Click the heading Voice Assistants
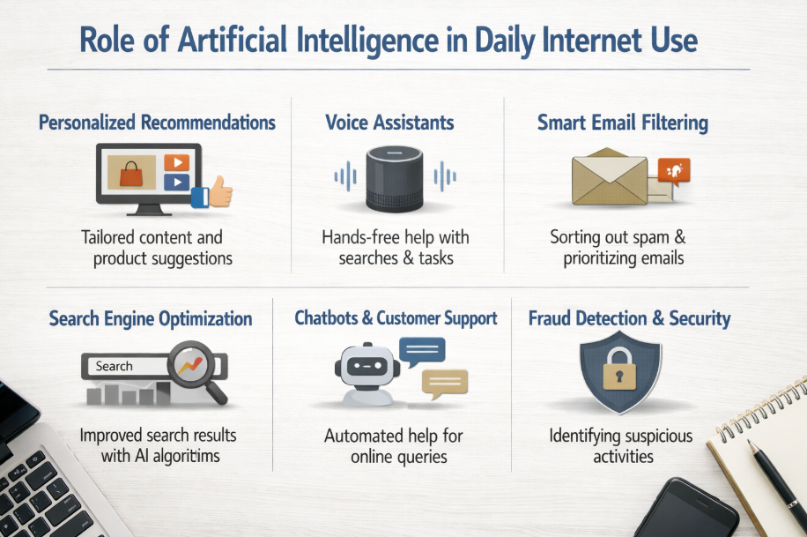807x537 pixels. tap(389, 123)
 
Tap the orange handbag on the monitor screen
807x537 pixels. tap(131, 174)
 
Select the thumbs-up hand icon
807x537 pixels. tap(212, 192)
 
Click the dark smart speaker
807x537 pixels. tap(395, 179)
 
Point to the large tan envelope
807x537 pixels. tap(610, 176)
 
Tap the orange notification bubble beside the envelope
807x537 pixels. tap(674, 171)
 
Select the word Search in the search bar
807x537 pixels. tap(115, 366)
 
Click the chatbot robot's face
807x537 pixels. tap(367, 367)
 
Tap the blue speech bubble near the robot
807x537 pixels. tap(422, 351)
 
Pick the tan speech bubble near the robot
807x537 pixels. tap(445, 384)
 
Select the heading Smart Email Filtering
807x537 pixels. tap(623, 123)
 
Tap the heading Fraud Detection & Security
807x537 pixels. tap(629, 318)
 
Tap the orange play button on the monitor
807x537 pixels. tap(176, 163)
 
